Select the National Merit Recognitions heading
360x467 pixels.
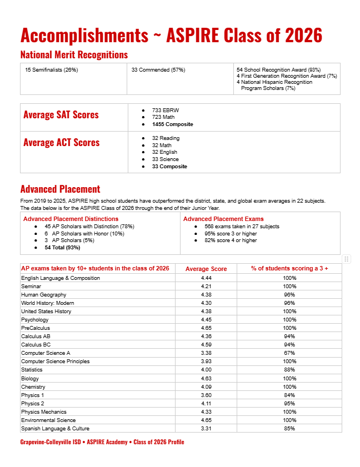(74, 54)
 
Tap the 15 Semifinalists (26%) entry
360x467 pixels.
(52, 70)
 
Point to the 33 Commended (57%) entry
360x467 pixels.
(158, 70)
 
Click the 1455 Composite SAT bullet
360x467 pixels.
(172, 124)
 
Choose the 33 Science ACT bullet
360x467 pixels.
(166, 159)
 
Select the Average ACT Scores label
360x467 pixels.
(61, 143)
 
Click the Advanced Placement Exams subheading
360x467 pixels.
(223, 219)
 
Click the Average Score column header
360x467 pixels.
(206, 269)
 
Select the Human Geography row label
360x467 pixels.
(44, 294)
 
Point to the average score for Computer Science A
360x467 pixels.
(206, 353)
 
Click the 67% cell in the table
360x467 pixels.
(289, 353)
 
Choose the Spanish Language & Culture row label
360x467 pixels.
(55, 429)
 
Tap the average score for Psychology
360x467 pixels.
(206, 320)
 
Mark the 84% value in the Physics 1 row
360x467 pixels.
(289, 395)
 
